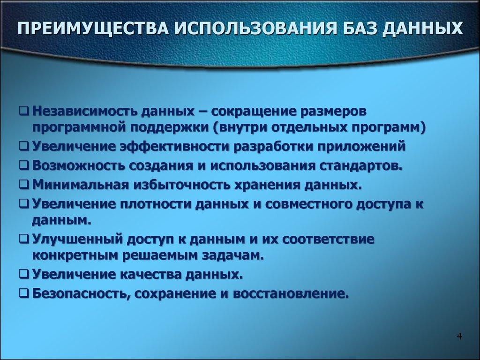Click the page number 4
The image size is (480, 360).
459,337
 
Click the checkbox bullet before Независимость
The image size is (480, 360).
24,112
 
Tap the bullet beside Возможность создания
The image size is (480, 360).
24,166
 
